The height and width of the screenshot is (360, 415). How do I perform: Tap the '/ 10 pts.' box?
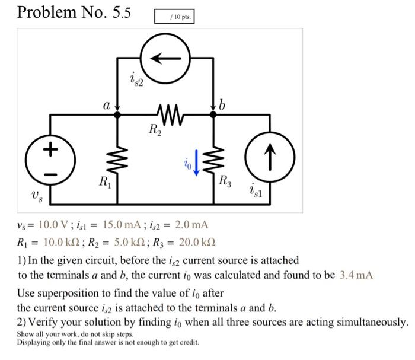click(x=174, y=17)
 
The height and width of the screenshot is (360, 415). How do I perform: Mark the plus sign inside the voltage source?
click(x=50, y=149)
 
